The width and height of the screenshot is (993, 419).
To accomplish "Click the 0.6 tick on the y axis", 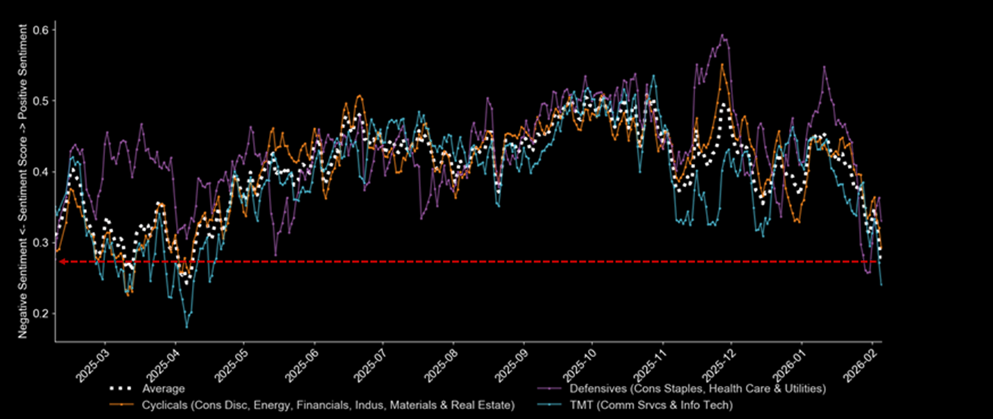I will pyautogui.click(x=42, y=29).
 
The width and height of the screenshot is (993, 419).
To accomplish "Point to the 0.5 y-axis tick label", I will pyautogui.click(x=42, y=100).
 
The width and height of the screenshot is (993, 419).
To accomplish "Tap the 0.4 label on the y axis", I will pyautogui.click(x=42, y=171).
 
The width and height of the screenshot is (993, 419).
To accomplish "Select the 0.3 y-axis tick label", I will pyautogui.click(x=42, y=242).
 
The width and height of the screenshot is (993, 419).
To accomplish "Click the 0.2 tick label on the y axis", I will pyautogui.click(x=42, y=313).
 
